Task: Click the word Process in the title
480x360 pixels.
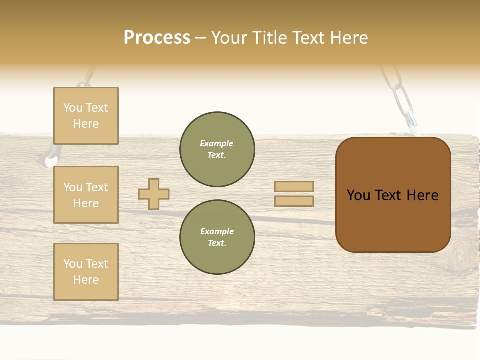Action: point(157,38)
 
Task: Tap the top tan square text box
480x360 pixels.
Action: point(86,116)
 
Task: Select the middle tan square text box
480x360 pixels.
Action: point(86,195)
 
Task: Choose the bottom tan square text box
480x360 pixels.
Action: point(86,272)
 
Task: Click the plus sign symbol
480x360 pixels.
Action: point(154,194)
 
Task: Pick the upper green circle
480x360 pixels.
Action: point(217,149)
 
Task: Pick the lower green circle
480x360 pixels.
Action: point(217,237)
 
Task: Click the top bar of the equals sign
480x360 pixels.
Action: point(294,187)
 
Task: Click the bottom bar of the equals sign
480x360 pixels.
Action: point(294,201)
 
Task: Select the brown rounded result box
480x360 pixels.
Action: point(393,195)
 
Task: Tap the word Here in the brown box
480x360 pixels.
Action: point(422,195)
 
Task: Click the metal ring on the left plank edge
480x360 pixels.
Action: point(51,161)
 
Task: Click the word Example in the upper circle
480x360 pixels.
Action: point(216,143)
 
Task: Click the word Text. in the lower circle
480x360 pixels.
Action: point(217,243)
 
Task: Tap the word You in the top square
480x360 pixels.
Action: point(73,108)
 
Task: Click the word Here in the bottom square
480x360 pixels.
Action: point(86,280)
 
